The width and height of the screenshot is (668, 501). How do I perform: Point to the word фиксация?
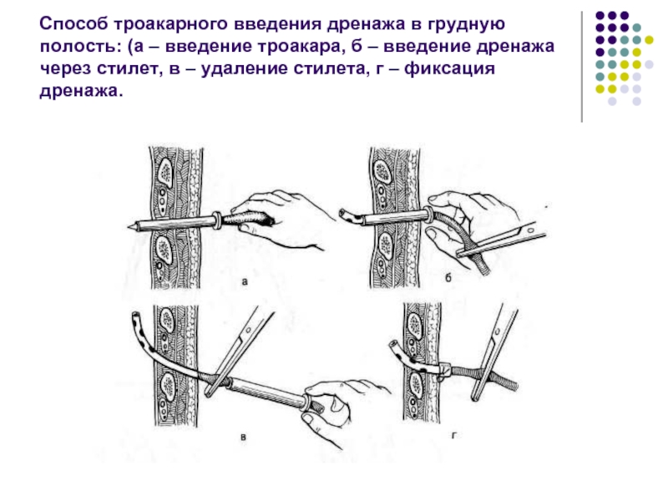[449, 69]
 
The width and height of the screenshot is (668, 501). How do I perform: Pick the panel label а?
[244, 281]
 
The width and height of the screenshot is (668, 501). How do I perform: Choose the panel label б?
[448, 278]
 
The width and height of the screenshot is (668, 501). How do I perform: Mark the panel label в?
[243, 437]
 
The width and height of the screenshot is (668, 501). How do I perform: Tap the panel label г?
[454, 435]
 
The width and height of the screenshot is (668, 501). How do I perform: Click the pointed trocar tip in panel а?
[129, 226]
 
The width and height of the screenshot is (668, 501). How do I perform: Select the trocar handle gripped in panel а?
[248, 219]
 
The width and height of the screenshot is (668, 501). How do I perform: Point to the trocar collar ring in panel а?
[217, 220]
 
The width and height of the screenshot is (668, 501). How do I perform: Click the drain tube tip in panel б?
[342, 212]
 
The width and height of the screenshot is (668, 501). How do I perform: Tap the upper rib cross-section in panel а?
[164, 173]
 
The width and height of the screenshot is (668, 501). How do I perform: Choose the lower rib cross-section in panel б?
[385, 245]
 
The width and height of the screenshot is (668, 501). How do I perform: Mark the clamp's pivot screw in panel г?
[497, 331]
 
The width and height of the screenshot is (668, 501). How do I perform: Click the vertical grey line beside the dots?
[581, 67]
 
